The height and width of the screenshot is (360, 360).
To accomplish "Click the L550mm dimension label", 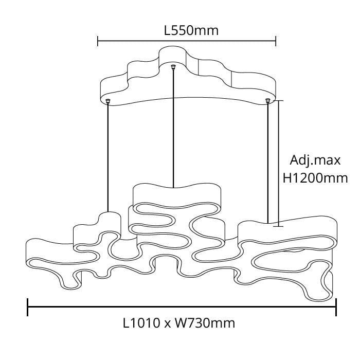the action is click(x=191, y=31).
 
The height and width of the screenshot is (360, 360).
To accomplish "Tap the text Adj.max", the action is click(x=315, y=160).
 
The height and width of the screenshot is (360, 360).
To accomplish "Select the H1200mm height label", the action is click(x=315, y=178).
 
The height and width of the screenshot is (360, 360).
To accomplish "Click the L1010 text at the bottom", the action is click(x=141, y=323).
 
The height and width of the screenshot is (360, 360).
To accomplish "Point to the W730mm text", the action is click(x=205, y=323).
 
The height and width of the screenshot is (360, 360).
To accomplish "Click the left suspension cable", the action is click(x=108, y=158).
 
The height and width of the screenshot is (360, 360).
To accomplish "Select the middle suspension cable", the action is click(x=173, y=129).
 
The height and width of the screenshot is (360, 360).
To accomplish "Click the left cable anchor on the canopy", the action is click(x=108, y=101).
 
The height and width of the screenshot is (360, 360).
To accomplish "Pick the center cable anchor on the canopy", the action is click(x=173, y=67).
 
